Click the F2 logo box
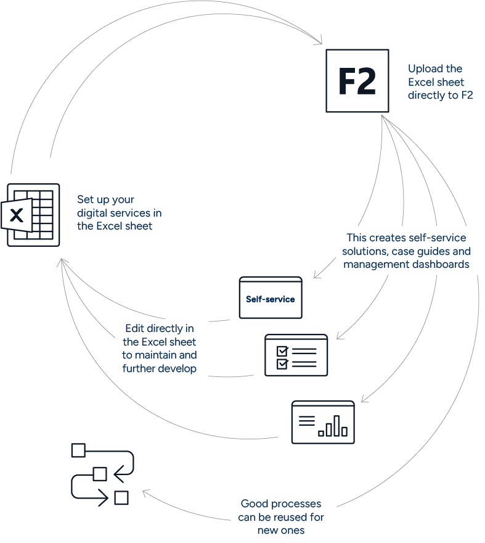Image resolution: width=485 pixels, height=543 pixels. click(x=357, y=81)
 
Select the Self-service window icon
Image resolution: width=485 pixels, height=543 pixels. click(x=271, y=297)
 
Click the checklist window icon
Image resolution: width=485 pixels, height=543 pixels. click(x=296, y=355)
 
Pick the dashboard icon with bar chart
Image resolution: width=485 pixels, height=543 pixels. click(x=323, y=421)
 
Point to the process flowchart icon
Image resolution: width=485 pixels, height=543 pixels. click(x=102, y=474)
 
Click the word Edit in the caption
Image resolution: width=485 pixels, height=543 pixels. click(x=134, y=329)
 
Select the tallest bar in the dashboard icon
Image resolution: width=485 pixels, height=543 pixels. click(x=336, y=425)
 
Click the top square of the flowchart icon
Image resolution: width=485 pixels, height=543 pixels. click(x=78, y=450)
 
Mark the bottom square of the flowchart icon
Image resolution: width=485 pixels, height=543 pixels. click(x=121, y=497)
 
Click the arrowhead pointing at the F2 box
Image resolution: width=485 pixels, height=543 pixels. click(x=319, y=42)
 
